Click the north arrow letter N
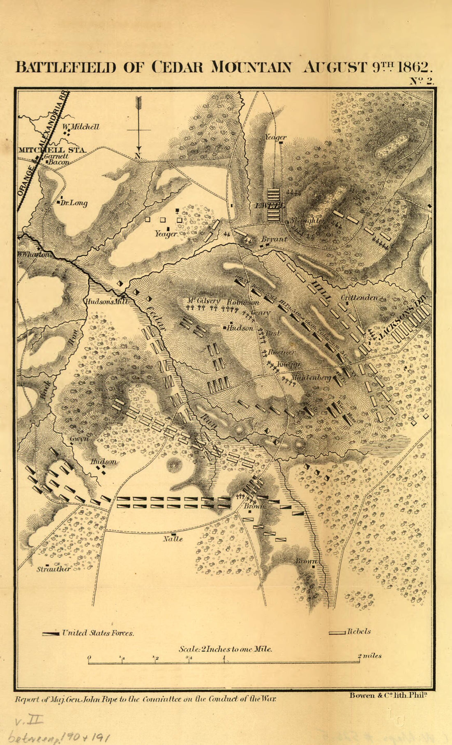point(138,156)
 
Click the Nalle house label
point(173,539)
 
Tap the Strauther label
point(53,569)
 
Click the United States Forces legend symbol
point(51,634)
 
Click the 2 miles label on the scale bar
point(369,656)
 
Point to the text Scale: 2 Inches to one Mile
point(225,649)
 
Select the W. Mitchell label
point(81,127)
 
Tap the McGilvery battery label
point(203,301)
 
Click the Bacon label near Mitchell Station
point(60,162)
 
